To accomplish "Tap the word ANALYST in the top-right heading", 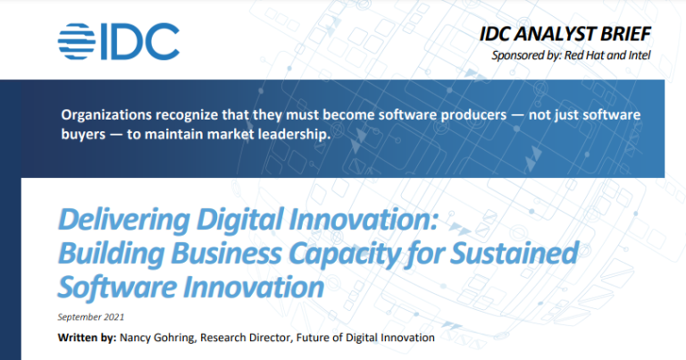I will [x=570, y=36].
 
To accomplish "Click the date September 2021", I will [x=91, y=316].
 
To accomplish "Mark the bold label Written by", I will [x=88, y=338].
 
